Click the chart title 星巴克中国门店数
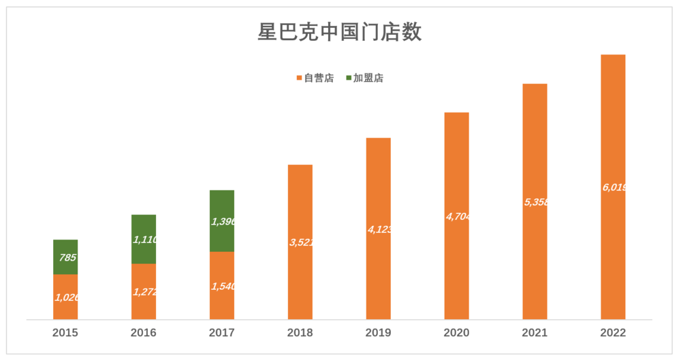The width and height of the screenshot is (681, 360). [x=340, y=32]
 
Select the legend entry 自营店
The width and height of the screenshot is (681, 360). [x=319, y=78]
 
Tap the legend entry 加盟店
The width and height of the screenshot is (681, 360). [x=368, y=78]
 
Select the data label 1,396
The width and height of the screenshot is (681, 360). [x=223, y=222]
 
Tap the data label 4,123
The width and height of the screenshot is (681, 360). [x=379, y=230]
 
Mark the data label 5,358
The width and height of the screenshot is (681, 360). [x=535, y=202]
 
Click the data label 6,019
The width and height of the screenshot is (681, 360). [x=614, y=187]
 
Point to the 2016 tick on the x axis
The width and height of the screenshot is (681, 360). [x=144, y=333]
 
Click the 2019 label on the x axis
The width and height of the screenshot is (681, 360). [x=379, y=333]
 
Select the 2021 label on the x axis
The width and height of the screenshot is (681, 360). [x=535, y=333]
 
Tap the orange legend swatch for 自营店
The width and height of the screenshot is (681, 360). [x=299, y=78]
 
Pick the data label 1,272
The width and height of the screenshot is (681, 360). [x=144, y=292]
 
